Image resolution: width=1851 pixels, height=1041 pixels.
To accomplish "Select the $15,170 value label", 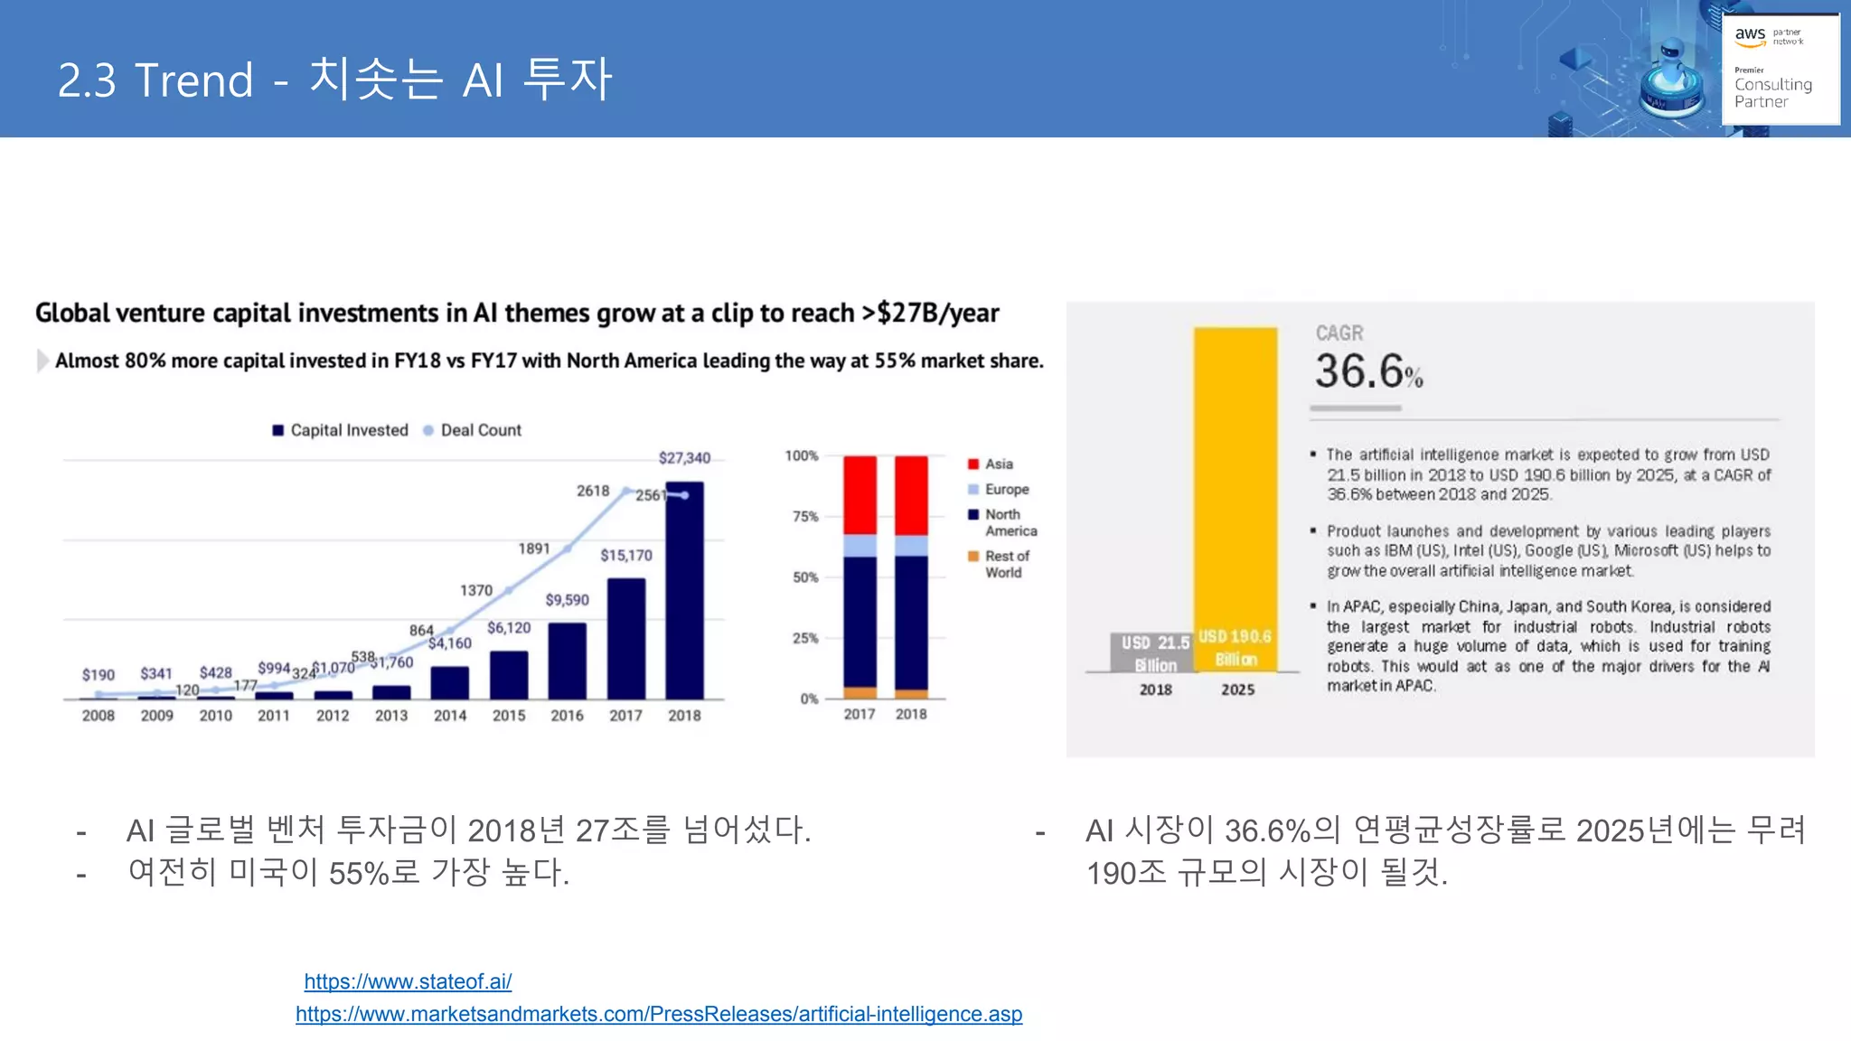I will (x=625, y=555).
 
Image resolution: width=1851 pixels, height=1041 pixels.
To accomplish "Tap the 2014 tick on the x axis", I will (x=449, y=716).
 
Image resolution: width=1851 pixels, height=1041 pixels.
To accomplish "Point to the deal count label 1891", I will (x=533, y=549).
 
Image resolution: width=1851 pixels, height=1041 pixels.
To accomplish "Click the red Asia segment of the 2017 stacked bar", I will (x=860, y=494).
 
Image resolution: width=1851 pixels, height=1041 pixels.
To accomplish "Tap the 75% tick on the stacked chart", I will (x=804, y=516).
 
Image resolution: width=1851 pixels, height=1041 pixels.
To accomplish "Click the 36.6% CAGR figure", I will (x=1367, y=371).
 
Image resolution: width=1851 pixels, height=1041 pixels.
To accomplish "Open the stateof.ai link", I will (x=408, y=981).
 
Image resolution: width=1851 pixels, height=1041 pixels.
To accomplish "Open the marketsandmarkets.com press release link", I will (x=659, y=1014).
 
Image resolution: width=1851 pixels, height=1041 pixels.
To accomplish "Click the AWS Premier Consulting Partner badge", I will (x=1779, y=69).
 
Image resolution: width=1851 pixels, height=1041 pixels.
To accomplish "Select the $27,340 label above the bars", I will (x=684, y=458).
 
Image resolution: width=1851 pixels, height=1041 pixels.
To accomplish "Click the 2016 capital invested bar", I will (x=567, y=661).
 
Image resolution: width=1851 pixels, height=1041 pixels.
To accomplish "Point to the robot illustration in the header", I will (x=1671, y=77).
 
